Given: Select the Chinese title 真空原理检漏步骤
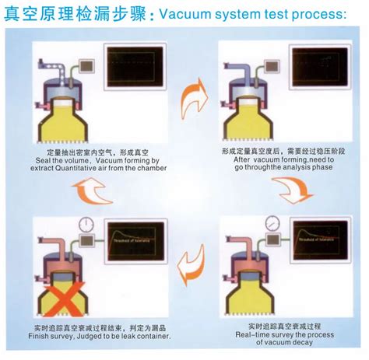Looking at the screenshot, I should (64, 13).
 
